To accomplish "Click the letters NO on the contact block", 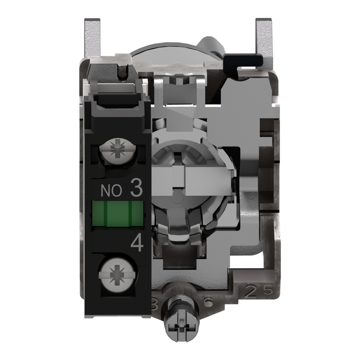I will (x=111, y=191).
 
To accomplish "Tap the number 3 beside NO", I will (x=136, y=189).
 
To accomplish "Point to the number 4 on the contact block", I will (x=137, y=243).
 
